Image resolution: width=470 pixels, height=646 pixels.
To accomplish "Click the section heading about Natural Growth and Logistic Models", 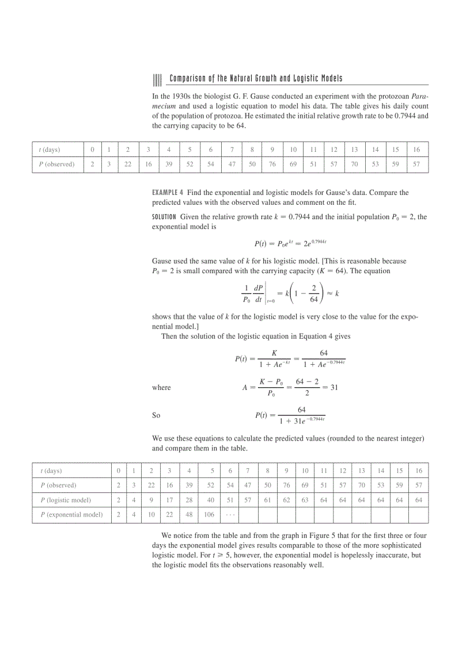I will tap(256, 78).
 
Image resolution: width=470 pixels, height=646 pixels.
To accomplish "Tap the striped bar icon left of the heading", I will tap(156, 79).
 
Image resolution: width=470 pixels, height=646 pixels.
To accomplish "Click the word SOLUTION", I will tap(164, 217).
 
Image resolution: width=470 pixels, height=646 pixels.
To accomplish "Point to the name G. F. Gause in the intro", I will tap(242, 96).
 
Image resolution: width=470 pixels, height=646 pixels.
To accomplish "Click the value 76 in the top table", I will tap(272, 164).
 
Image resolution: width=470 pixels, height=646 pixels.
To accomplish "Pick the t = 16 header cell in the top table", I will tap(416, 150).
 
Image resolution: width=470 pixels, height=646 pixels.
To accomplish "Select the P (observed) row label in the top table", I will tap(56, 164).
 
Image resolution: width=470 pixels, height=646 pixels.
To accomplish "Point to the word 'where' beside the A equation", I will tap(161, 388).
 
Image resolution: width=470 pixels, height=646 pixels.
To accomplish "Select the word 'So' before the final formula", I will tap(156, 415).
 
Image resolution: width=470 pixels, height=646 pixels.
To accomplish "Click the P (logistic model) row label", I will tap(65, 500).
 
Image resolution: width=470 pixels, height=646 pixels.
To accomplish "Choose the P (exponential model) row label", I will tap(71, 514).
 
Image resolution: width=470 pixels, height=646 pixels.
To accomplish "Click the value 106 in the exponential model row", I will tap(209, 514).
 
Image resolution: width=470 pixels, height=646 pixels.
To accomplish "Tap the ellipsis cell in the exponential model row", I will tap(229, 514).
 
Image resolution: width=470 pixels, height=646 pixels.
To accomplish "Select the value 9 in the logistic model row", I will tap(151, 500).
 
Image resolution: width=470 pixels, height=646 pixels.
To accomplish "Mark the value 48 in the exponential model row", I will tap(189, 514).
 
